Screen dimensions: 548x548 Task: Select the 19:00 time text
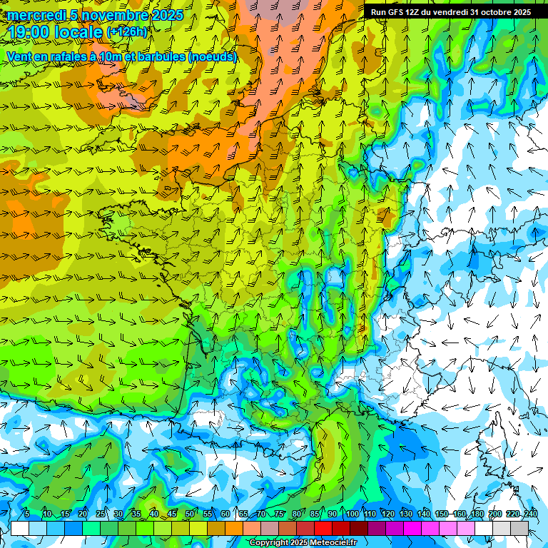pos(31,33)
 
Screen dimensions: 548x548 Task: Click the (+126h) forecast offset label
pos(127,32)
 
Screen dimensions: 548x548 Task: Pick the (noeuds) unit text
pos(212,56)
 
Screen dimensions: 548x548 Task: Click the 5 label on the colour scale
pos(26,514)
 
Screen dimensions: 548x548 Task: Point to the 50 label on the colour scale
pos(189,514)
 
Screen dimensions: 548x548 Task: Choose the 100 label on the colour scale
pos(352,514)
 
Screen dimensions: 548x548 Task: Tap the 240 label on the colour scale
pos(531,514)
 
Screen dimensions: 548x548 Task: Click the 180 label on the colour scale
pos(477,514)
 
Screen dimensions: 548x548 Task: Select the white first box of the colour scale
pos(20,528)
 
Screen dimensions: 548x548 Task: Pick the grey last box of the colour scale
pos(519,528)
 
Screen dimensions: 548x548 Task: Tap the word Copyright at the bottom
pos(268,543)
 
